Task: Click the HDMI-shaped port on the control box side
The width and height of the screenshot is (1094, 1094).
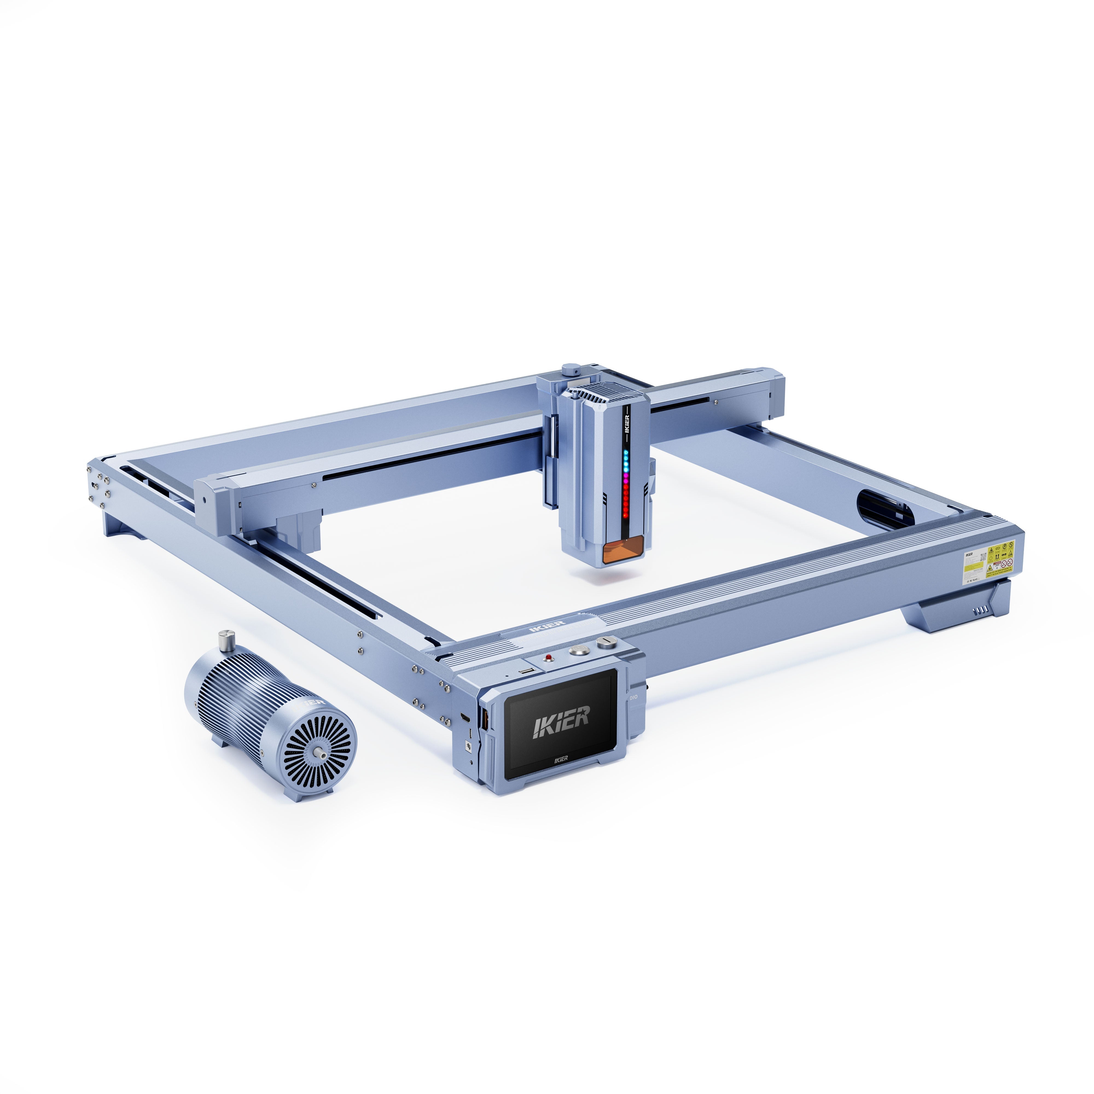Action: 464,718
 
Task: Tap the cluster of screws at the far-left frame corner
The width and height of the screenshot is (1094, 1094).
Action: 96,483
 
